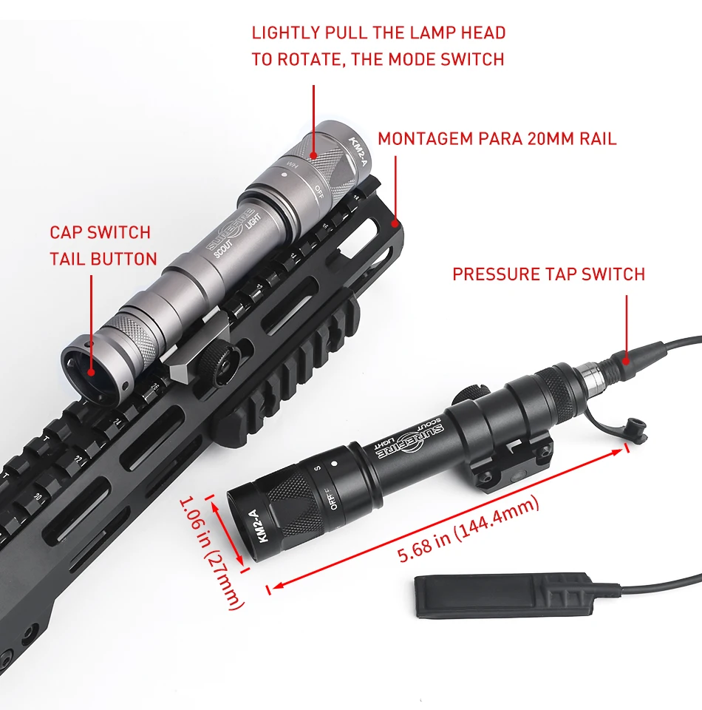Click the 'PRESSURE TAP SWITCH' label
[548, 274]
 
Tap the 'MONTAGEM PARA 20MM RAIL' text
[497, 139]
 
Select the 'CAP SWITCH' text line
[100, 232]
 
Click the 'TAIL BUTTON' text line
[103, 259]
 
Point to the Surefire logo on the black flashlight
[418, 442]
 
